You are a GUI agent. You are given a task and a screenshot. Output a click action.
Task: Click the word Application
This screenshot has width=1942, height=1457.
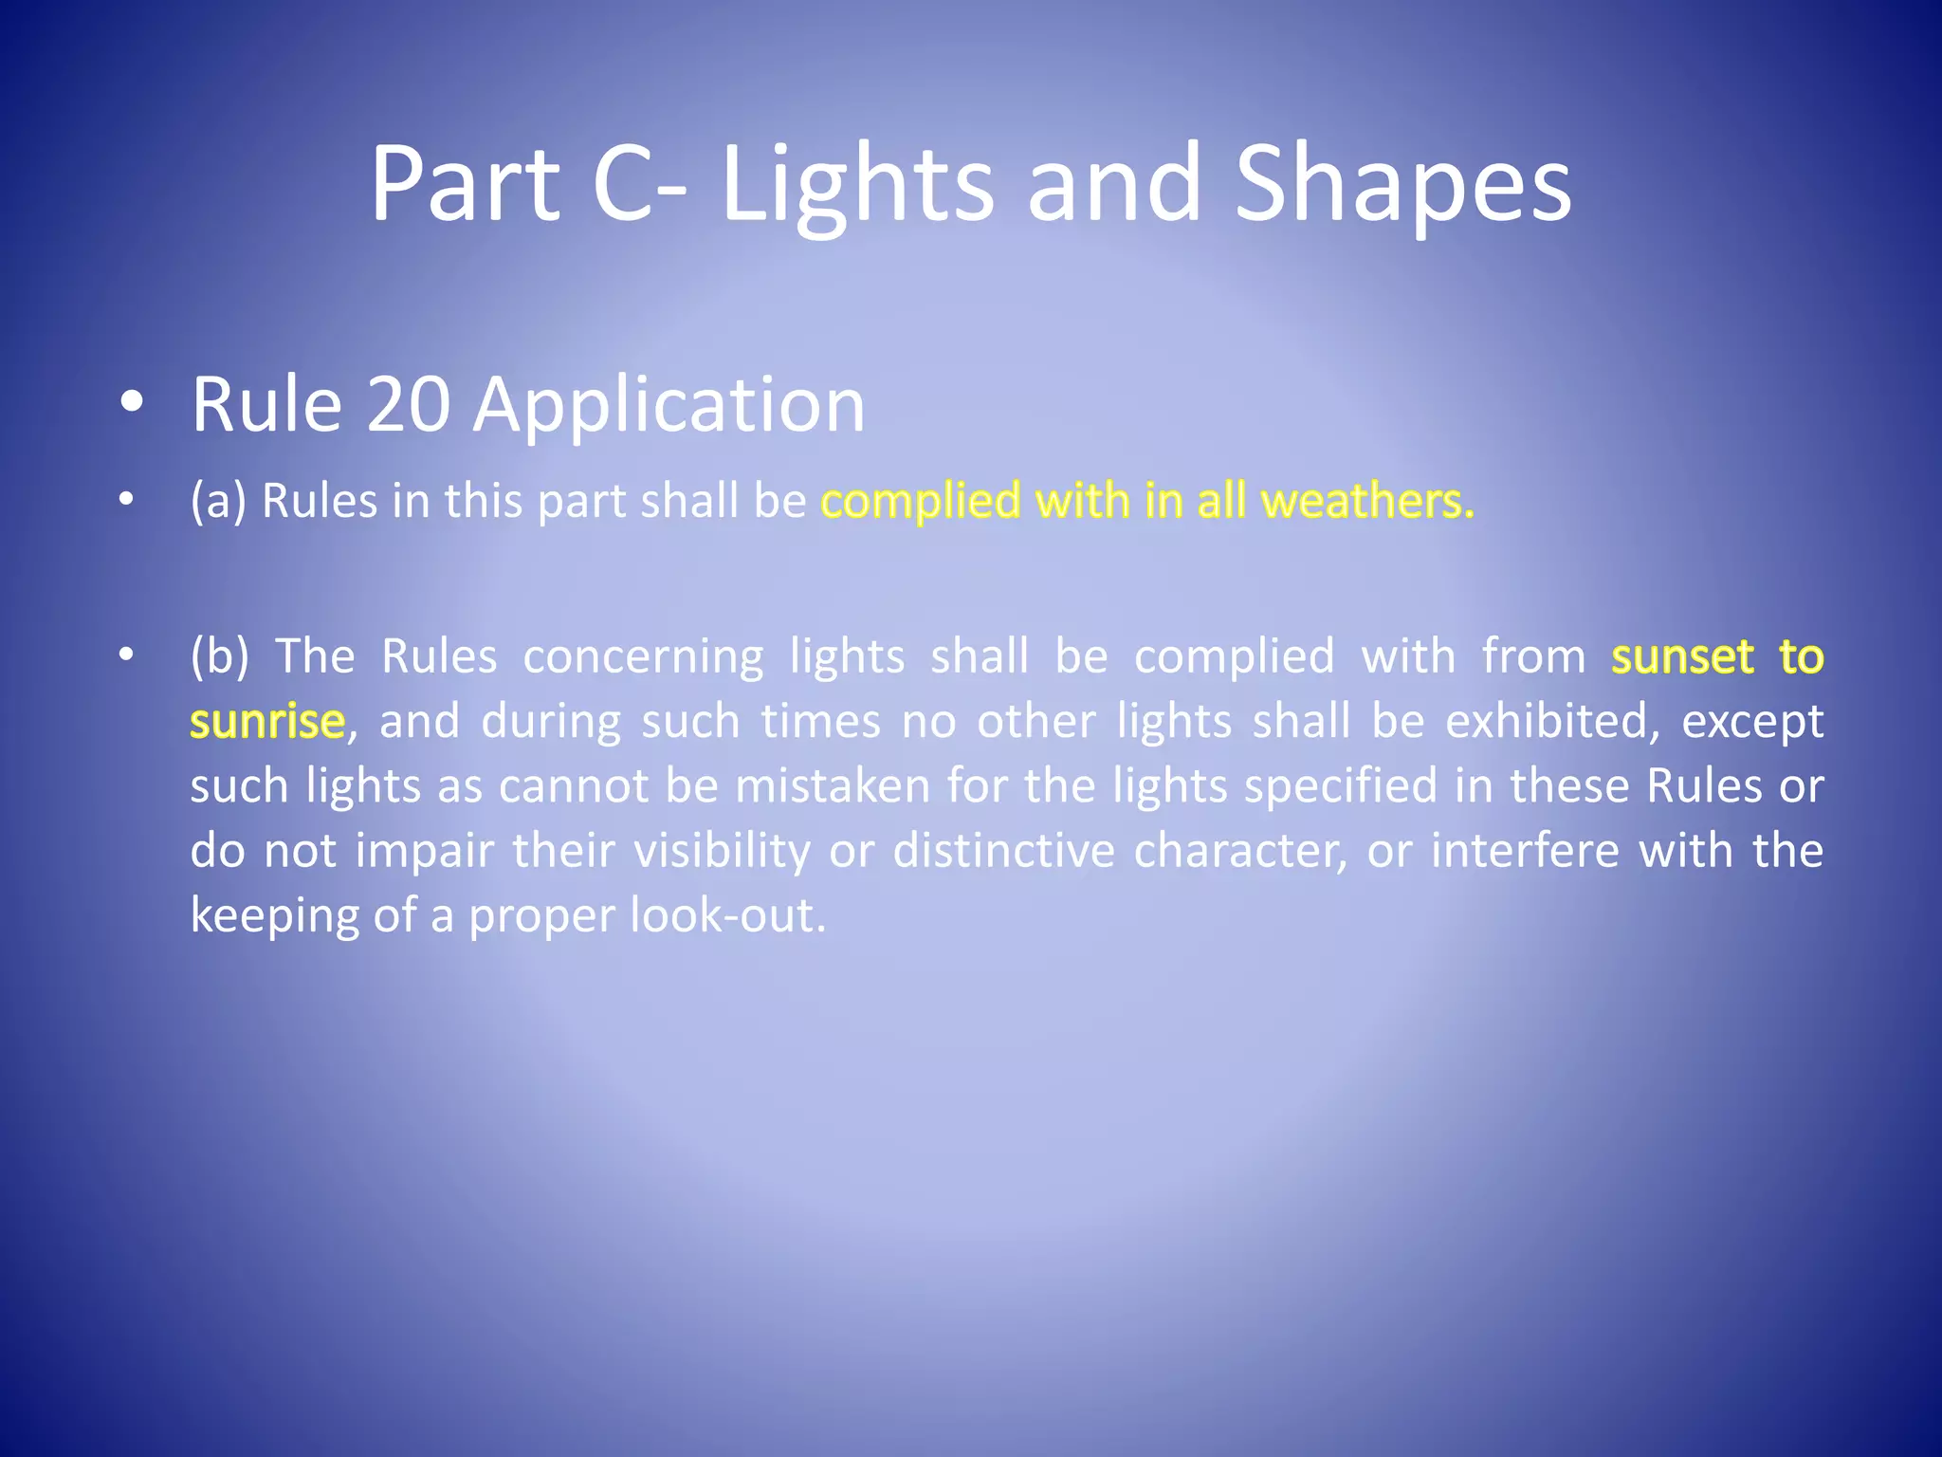pos(669,405)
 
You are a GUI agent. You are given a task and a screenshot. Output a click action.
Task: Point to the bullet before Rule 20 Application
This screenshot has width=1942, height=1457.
pos(132,403)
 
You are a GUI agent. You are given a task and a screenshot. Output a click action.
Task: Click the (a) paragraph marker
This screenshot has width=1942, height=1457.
pos(218,500)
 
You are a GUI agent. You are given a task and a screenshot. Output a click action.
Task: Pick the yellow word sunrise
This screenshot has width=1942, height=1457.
pos(266,721)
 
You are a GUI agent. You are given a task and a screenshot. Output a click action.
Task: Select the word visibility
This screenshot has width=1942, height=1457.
pos(722,850)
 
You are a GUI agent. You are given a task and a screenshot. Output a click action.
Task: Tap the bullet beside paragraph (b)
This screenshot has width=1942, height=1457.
pos(127,655)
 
